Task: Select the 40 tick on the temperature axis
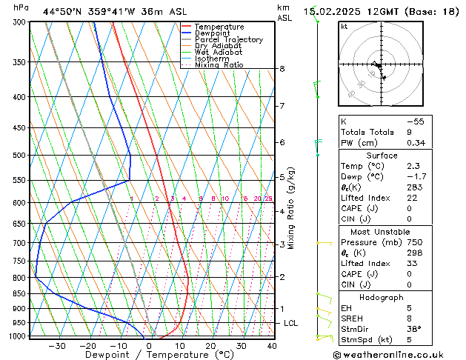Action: click(272, 345)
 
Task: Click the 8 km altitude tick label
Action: click(282, 69)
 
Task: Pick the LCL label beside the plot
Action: click(291, 324)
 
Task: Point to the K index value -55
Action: click(416, 121)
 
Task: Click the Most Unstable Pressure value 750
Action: click(415, 242)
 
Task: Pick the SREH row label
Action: click(353, 319)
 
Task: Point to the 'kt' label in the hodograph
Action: click(344, 27)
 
